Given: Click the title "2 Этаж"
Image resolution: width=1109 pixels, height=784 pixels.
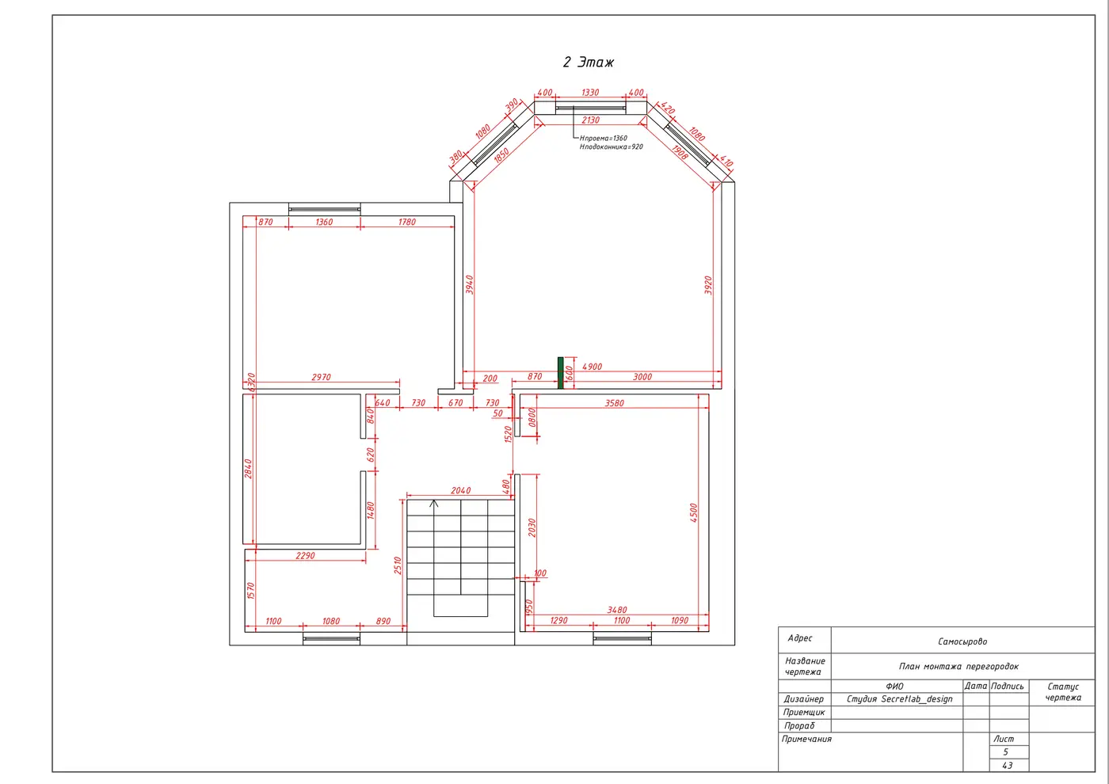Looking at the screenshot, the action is [x=588, y=63].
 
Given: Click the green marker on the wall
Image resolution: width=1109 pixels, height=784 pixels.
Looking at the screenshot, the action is [x=561, y=373].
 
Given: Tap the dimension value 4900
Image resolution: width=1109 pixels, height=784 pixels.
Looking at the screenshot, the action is [x=593, y=367].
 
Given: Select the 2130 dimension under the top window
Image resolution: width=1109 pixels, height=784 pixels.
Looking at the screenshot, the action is [x=591, y=120].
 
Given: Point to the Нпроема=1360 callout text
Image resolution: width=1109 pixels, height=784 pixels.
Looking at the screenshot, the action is [x=604, y=138].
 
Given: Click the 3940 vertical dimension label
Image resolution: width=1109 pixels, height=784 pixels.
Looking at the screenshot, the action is [x=469, y=285].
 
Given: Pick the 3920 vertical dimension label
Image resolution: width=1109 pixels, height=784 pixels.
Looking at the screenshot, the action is [x=708, y=286].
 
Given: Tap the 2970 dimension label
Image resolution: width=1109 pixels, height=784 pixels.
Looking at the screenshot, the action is [x=322, y=377].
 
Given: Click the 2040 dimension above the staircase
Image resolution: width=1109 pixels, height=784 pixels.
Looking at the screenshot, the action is [x=460, y=490].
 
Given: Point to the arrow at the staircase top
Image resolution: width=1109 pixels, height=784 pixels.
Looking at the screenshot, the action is [x=434, y=504].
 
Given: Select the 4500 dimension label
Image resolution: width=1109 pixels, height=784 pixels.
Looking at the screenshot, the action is [x=694, y=513].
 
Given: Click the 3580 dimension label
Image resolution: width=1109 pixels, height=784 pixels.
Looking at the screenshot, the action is [x=615, y=403].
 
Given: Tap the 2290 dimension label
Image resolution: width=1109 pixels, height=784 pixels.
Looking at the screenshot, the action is [x=306, y=556].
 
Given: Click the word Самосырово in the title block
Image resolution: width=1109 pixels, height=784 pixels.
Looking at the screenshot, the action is [x=962, y=641].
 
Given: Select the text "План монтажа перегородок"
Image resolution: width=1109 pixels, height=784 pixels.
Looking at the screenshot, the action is [x=959, y=666].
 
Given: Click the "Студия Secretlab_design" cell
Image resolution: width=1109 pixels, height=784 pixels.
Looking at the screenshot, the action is [x=900, y=698].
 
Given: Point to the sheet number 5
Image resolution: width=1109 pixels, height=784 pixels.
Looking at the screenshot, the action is [x=1005, y=752].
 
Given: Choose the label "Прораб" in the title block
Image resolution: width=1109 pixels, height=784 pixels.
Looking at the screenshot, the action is [x=798, y=725].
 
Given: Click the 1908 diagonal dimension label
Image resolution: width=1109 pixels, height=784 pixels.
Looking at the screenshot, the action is [x=680, y=152].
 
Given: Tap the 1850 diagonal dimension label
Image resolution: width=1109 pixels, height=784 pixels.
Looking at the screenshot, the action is [x=501, y=156].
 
